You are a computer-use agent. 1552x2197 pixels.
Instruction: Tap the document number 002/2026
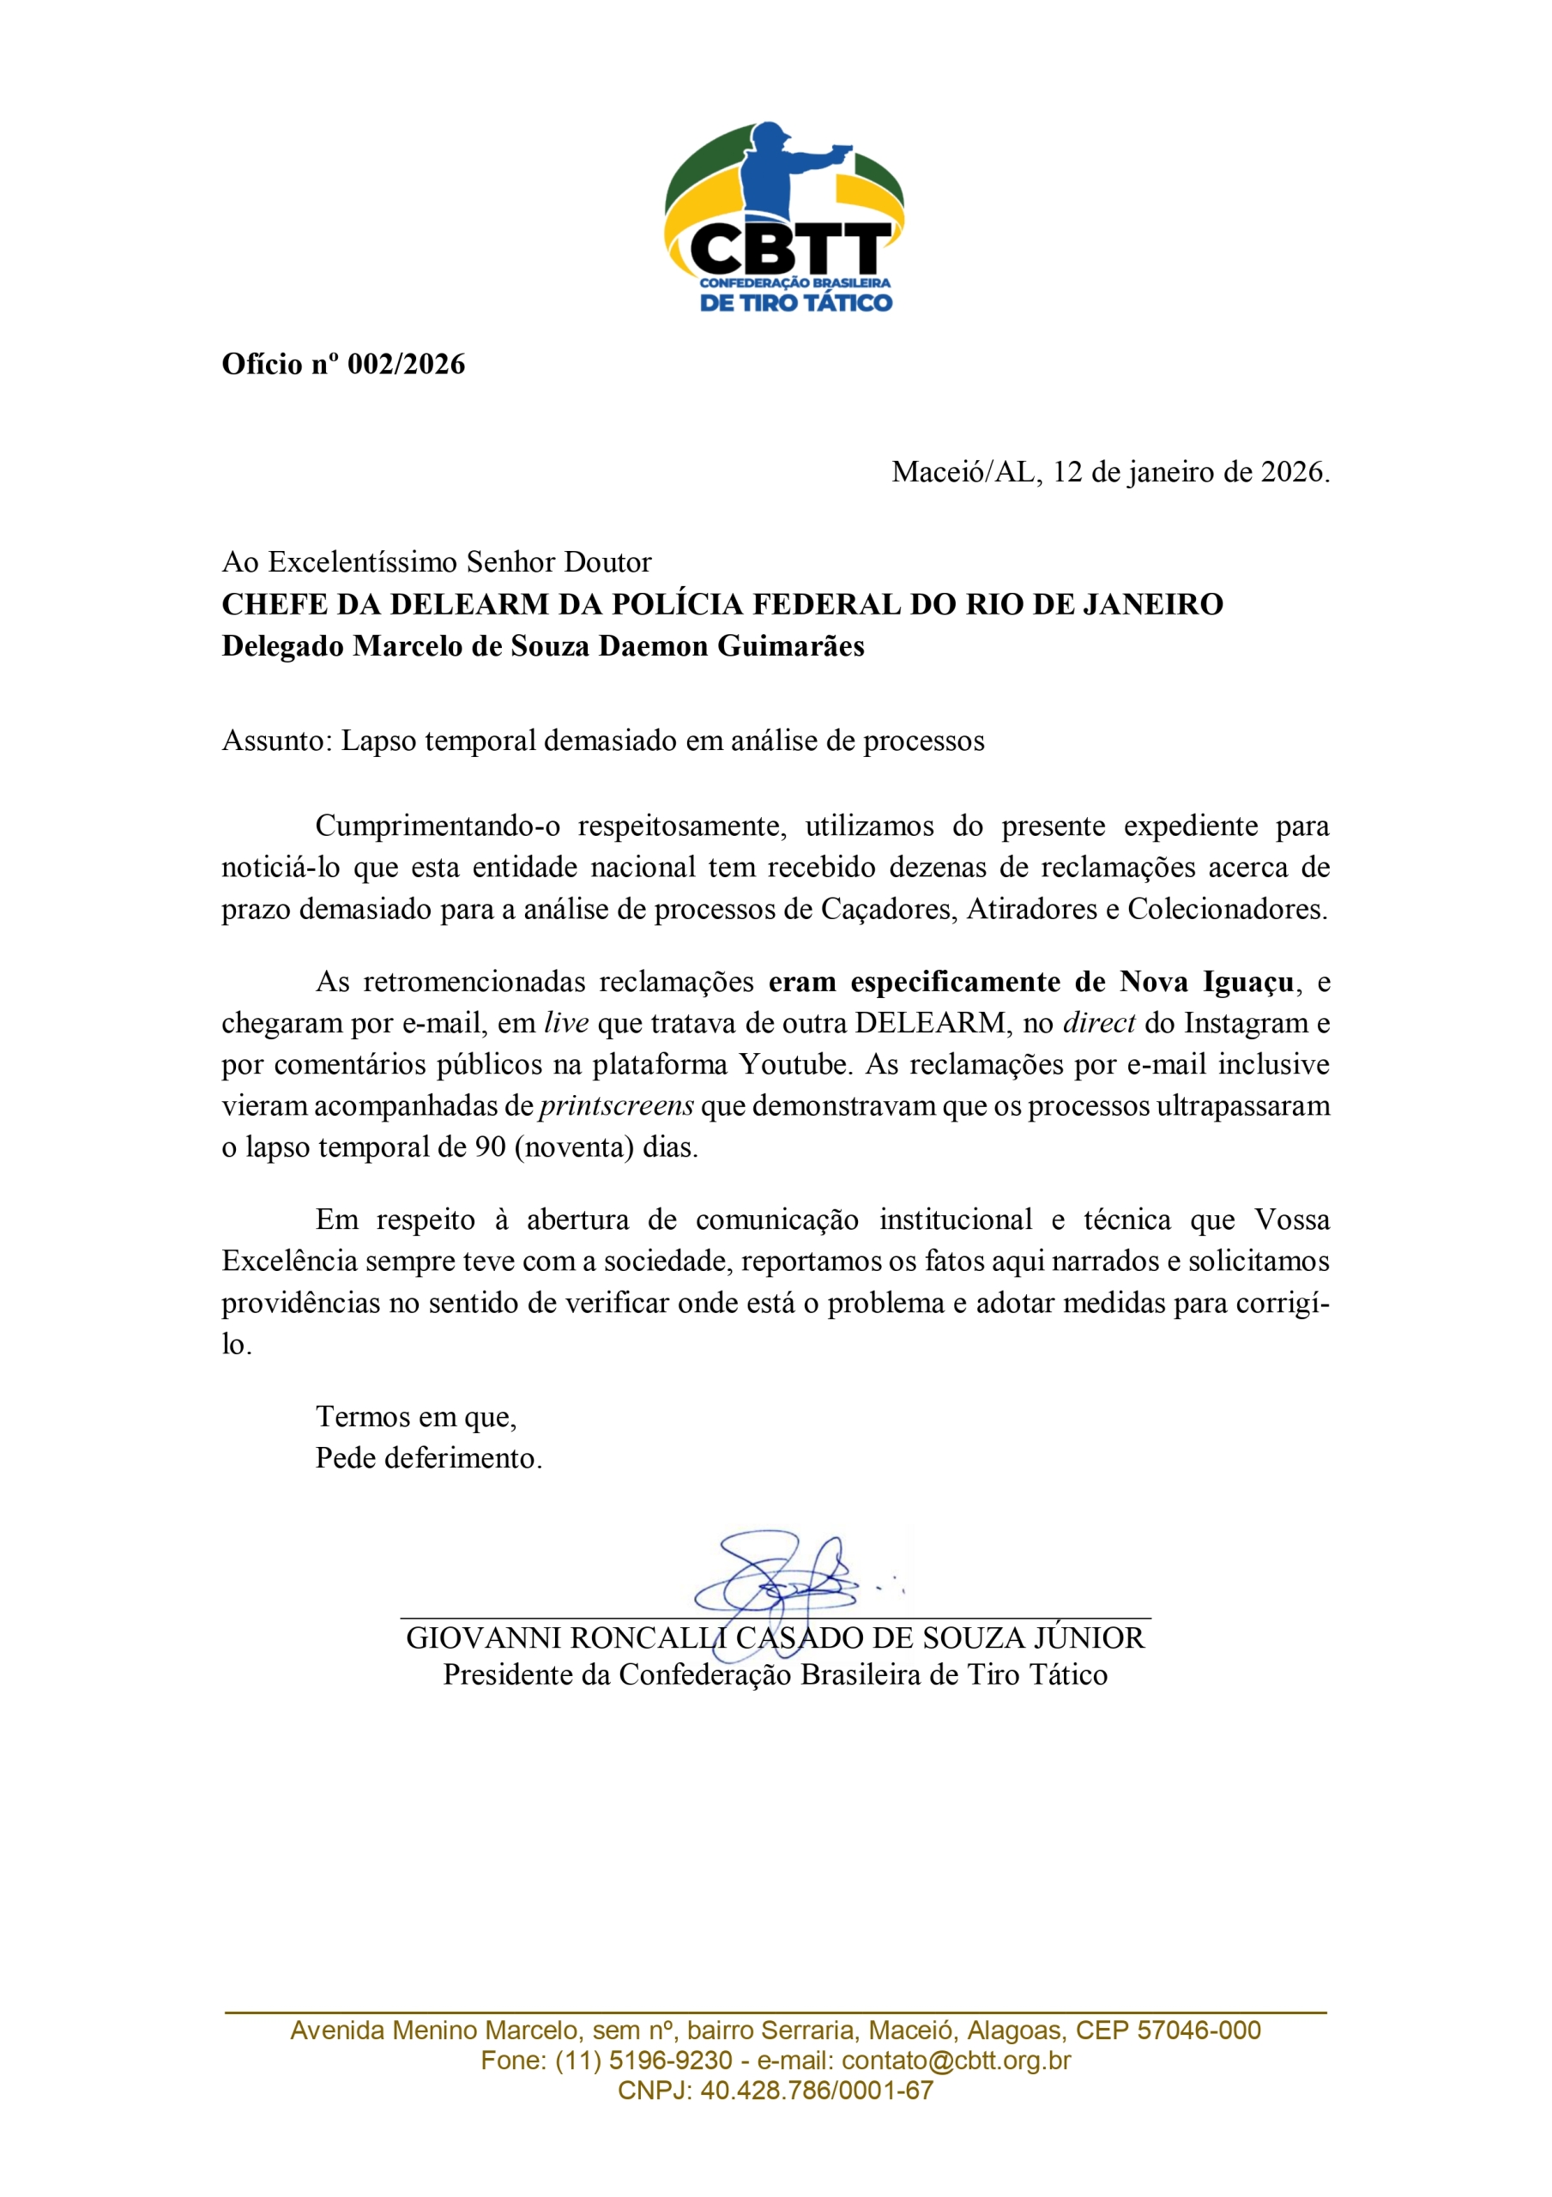pyautogui.click(x=406, y=365)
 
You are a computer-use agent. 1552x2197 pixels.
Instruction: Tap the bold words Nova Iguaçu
pyautogui.click(x=1206, y=983)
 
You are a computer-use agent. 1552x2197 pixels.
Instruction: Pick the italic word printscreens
pyautogui.click(x=616, y=1106)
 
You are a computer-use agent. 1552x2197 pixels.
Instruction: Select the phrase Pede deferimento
pyautogui.click(x=429, y=1458)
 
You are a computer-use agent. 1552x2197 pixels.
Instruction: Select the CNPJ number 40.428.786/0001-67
pyautogui.click(x=816, y=2090)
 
